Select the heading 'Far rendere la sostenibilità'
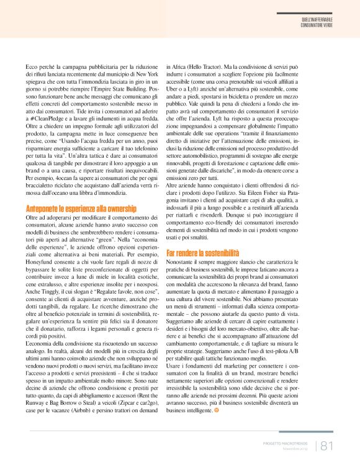(202, 253)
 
